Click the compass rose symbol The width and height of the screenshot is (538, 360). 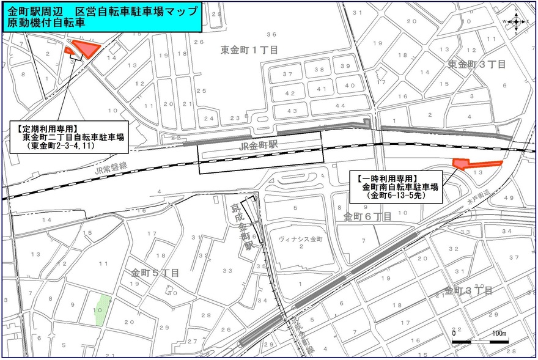point(516,21)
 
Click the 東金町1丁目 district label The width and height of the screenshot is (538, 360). point(249,50)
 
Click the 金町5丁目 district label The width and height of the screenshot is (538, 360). point(154,273)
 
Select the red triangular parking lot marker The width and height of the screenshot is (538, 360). point(84,49)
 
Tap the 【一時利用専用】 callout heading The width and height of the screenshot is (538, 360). point(386,178)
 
